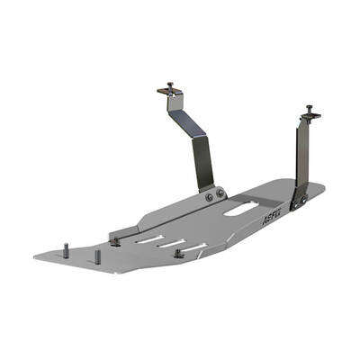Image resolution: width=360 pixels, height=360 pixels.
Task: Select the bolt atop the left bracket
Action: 169,87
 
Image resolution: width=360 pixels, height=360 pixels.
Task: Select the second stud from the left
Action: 97,256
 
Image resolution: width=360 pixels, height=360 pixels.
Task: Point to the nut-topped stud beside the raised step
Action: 116,239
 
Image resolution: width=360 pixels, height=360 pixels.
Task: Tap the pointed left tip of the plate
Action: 37,257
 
